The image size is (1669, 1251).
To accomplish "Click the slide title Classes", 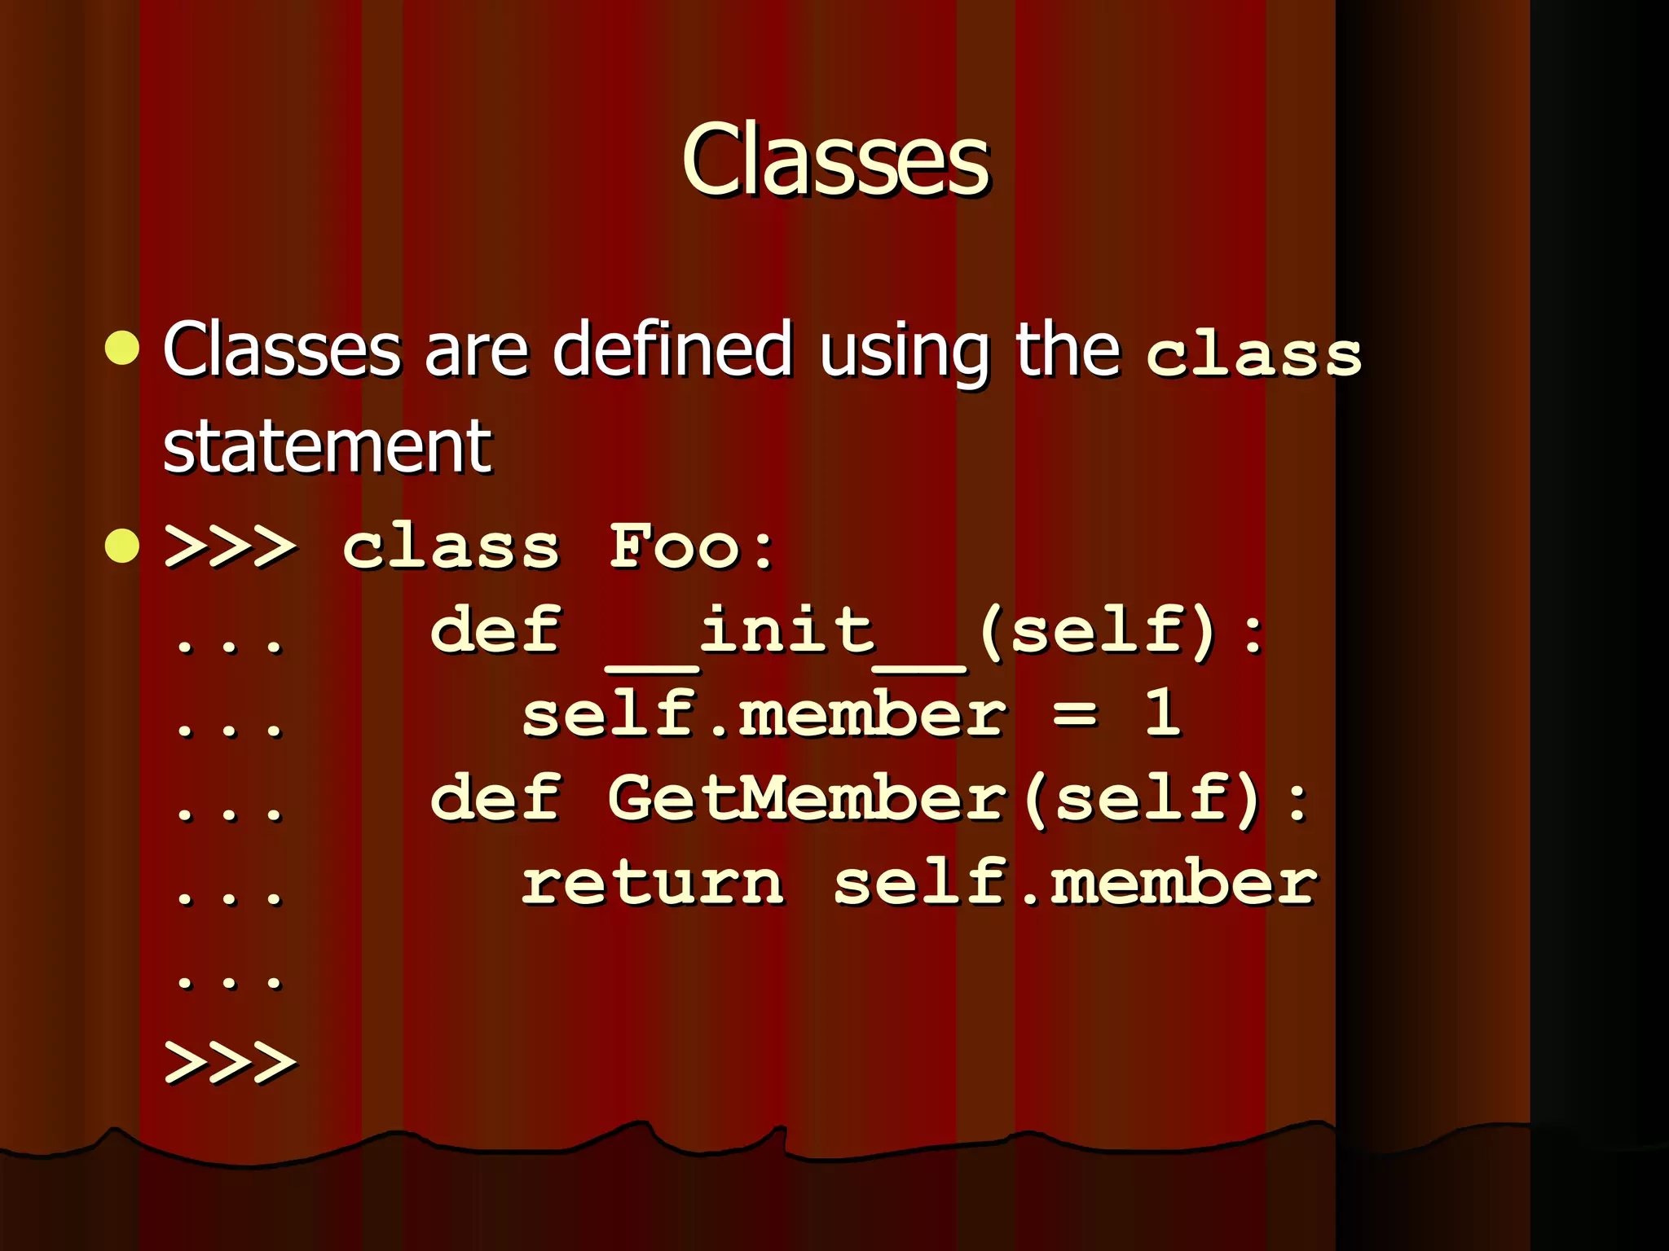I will tap(835, 160).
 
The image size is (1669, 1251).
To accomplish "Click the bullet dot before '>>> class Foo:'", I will tap(123, 545).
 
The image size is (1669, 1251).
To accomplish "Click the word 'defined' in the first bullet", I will tap(672, 350).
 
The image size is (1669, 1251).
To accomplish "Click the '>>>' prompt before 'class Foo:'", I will tap(231, 546).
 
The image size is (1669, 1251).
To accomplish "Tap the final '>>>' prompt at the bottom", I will tap(231, 1062).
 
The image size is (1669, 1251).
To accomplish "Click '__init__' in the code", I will tap(787, 634).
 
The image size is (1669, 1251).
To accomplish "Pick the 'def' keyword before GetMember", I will tap(495, 798).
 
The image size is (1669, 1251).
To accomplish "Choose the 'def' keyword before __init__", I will tap(495, 631).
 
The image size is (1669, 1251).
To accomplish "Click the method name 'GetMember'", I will tap(808, 798).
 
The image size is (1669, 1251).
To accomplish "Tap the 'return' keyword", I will tap(653, 884).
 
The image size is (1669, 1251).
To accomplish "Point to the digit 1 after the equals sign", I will tap(1162, 713).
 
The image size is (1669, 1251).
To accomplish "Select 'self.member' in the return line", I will tap(1075, 884).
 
